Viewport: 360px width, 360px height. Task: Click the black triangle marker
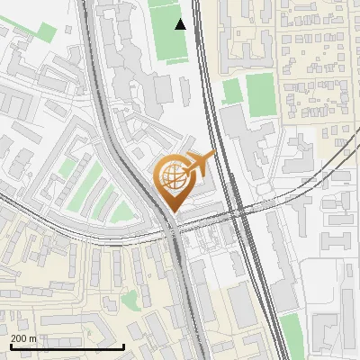[181, 24]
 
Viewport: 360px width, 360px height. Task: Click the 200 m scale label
[23, 338]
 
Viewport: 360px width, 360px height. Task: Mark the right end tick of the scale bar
[123, 345]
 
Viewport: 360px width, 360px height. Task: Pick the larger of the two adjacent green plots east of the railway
[260, 94]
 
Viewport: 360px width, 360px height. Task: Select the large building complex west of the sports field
[126, 54]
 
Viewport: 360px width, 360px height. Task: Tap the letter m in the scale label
[32, 338]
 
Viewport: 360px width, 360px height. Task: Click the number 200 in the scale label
[19, 338]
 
